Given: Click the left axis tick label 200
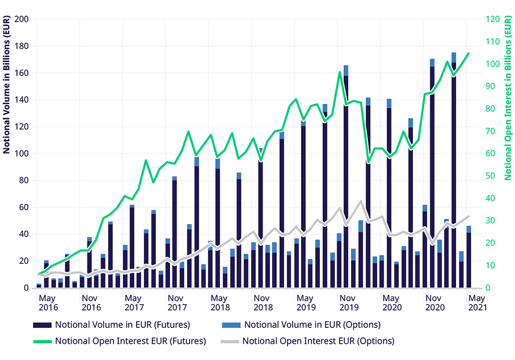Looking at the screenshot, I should point(23,20).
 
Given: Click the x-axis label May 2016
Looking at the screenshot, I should point(48,303).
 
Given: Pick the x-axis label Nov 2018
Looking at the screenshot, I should point(263,303).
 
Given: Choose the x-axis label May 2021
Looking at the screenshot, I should point(477,303).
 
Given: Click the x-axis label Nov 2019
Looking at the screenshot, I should point(349,303).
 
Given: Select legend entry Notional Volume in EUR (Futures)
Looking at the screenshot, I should point(122,324).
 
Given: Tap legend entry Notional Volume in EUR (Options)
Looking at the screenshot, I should point(312,324).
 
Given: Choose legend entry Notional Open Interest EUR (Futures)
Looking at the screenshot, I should point(130,341).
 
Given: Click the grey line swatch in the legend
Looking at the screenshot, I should point(229,341).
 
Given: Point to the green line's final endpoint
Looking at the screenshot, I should point(469,53).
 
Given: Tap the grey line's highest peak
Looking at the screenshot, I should point(361,202).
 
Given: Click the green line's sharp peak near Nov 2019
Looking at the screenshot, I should point(339,72).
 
